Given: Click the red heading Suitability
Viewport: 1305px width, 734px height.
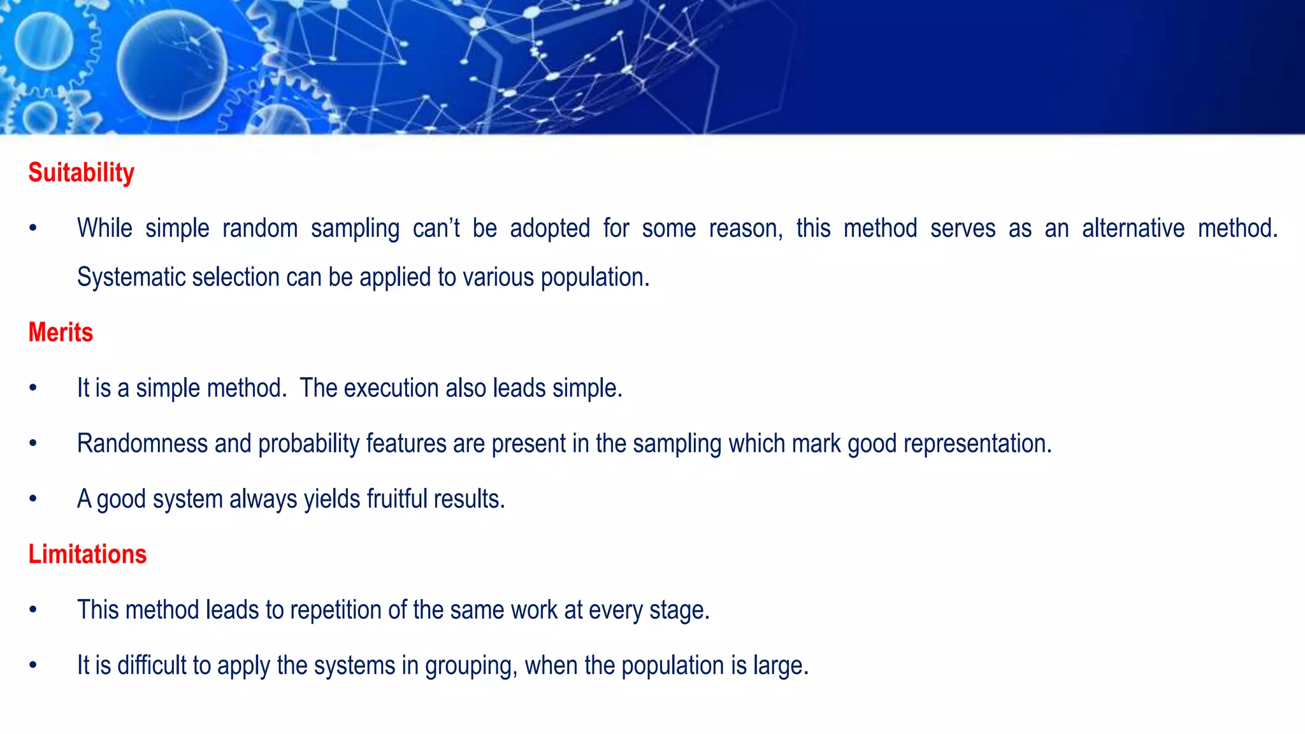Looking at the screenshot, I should (x=81, y=173).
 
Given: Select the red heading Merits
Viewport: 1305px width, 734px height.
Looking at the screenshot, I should (x=61, y=333).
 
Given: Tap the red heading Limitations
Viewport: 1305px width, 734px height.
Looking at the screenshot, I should (x=87, y=554).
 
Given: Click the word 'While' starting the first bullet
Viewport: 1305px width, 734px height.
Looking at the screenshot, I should (x=105, y=228).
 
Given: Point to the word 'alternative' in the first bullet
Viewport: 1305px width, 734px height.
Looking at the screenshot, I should (x=1133, y=228).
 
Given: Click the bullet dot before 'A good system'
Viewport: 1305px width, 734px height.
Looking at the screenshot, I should (x=33, y=499).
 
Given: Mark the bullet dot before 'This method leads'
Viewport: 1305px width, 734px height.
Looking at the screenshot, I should (x=33, y=610).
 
